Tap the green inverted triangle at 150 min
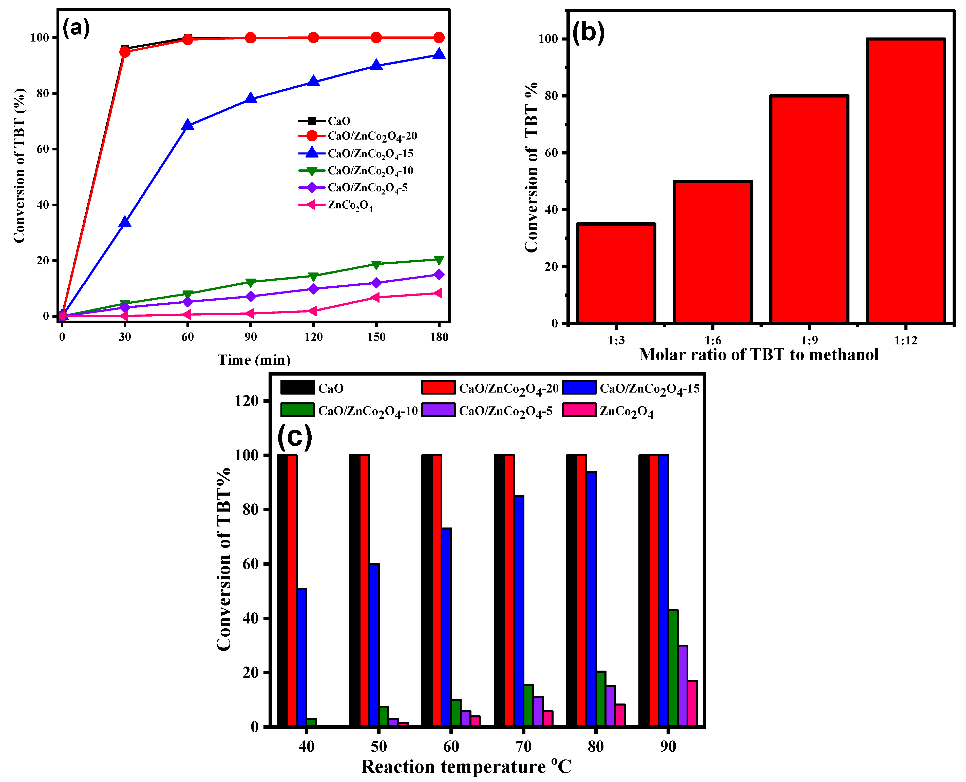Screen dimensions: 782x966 pyautogui.click(x=376, y=264)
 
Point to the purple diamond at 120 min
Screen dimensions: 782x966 pyautogui.click(x=314, y=289)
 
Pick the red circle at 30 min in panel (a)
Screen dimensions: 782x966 pyautogui.click(x=125, y=52)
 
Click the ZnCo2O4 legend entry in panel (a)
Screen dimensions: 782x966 pyautogui.click(x=350, y=205)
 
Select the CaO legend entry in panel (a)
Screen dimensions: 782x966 pyautogui.click(x=339, y=121)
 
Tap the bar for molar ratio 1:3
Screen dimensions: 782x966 pyautogui.click(x=616, y=273)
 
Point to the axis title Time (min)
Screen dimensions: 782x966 pyautogui.click(x=254, y=360)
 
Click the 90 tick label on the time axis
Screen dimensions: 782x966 pyautogui.click(x=251, y=337)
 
